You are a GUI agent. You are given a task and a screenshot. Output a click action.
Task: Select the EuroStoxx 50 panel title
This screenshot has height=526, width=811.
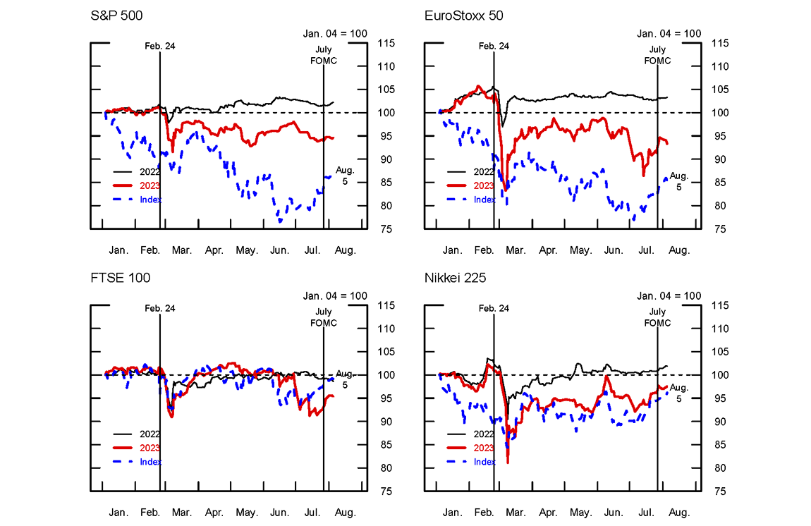pyautogui.click(x=463, y=16)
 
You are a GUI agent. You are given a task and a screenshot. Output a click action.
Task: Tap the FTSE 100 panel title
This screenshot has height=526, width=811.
pyautogui.click(x=120, y=279)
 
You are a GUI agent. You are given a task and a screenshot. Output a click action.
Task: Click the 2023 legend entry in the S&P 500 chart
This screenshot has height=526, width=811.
pyautogui.click(x=150, y=185)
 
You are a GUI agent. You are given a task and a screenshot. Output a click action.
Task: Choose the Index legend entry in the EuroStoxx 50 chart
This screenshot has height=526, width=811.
pyautogui.click(x=484, y=200)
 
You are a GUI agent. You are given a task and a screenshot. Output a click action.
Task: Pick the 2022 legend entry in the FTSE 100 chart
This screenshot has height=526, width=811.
pyautogui.click(x=150, y=434)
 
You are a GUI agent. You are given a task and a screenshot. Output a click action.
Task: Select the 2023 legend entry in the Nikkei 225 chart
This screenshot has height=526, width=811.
pyautogui.click(x=483, y=448)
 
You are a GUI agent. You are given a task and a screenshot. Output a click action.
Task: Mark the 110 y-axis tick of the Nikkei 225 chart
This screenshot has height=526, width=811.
pyautogui.click(x=719, y=329)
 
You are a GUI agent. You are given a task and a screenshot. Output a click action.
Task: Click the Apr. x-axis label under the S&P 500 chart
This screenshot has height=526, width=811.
pyautogui.click(x=214, y=250)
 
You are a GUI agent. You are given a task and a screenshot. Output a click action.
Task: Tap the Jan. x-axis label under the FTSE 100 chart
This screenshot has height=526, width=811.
pyautogui.click(x=118, y=513)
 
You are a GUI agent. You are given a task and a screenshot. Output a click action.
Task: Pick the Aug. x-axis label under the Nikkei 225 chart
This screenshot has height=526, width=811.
pyautogui.click(x=678, y=513)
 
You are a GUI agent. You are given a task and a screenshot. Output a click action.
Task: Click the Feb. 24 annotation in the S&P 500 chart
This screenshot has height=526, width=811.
pyautogui.click(x=160, y=46)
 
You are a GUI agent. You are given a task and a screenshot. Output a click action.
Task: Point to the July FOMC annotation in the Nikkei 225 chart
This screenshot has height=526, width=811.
pyautogui.click(x=657, y=317)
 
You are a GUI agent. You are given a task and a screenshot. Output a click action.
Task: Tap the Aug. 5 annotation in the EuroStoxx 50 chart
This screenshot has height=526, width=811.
pyautogui.click(x=678, y=181)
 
